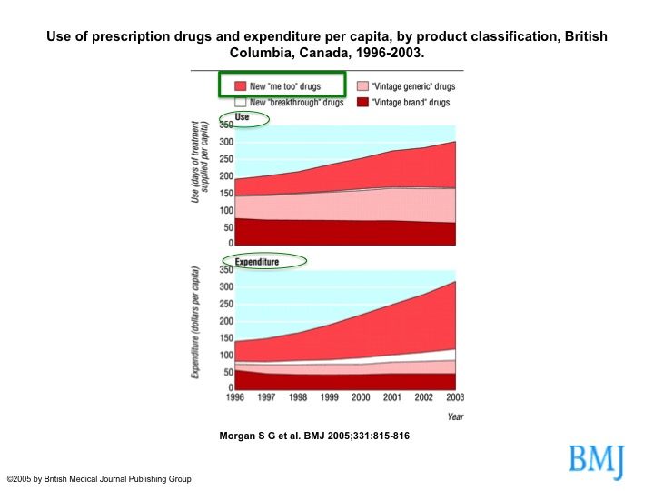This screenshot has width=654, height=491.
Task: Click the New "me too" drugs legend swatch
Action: tap(240, 86)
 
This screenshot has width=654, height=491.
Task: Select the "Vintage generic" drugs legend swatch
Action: tap(362, 86)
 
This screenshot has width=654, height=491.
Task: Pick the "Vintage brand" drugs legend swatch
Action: tap(362, 102)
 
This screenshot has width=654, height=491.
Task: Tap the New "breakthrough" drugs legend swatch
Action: tap(240, 102)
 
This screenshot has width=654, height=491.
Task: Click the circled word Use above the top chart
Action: tap(242, 117)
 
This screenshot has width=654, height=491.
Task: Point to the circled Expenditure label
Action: tap(256, 262)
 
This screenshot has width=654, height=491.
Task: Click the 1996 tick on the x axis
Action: tap(235, 397)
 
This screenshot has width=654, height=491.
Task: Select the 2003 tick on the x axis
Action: tap(455, 397)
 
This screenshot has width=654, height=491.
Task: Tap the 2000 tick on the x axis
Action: tap(361, 397)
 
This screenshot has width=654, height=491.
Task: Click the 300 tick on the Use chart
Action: tap(226, 142)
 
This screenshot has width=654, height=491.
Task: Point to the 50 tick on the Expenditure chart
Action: tap(228, 372)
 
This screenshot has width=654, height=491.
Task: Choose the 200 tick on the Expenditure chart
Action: tap(226, 321)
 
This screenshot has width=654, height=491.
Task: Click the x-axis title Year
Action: tap(455, 416)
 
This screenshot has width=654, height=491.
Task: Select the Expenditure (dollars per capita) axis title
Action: tap(194, 322)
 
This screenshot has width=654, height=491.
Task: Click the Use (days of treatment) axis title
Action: tap(199, 162)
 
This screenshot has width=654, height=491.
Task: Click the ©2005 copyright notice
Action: tap(99, 479)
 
